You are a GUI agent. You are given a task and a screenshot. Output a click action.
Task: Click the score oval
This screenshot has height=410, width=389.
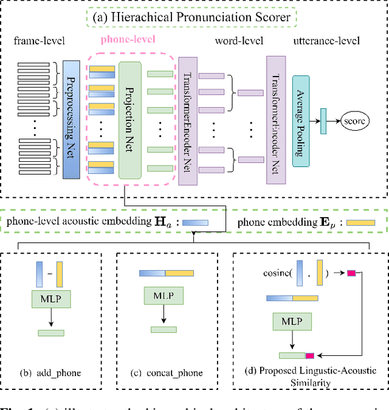pos(355,121)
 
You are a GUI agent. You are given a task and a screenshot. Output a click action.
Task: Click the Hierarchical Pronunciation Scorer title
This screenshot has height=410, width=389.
pos(194,17)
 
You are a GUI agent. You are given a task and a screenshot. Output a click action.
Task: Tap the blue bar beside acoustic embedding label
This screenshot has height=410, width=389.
pos(195,223)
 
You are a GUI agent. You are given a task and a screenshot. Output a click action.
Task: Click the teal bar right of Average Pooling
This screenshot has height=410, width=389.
pos(323,120)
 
